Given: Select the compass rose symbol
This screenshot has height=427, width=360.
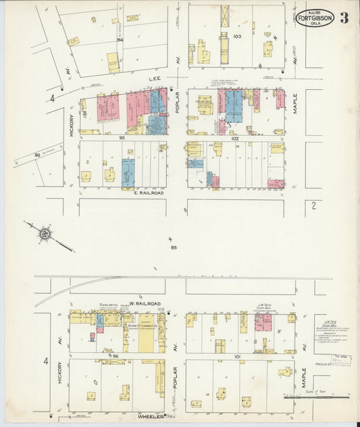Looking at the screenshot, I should click(x=45, y=234).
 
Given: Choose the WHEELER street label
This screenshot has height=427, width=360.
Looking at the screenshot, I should click(x=153, y=416).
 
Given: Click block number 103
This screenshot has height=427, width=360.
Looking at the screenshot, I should click(x=236, y=36).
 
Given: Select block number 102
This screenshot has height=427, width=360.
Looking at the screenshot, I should click(x=235, y=139).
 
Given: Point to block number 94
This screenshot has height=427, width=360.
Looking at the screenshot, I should click(x=120, y=39).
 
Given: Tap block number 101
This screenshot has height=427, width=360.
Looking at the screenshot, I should click(x=237, y=356).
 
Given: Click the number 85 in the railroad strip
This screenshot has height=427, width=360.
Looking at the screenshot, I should click(x=174, y=247).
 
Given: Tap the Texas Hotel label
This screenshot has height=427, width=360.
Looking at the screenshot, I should click(x=109, y=305).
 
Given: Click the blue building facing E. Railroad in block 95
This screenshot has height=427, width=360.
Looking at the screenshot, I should click(x=128, y=172).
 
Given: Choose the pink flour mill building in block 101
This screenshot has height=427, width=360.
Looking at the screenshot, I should click(x=263, y=322).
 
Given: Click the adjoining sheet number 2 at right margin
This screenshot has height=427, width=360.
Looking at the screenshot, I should click(x=313, y=205).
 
